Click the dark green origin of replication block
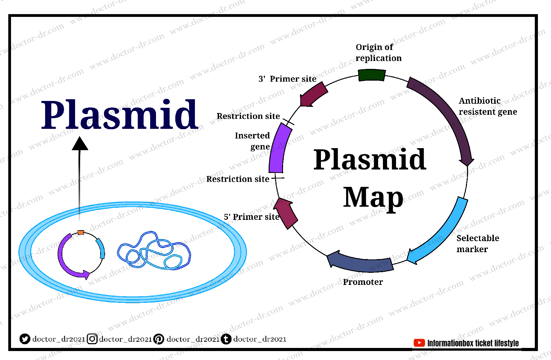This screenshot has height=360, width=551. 372,75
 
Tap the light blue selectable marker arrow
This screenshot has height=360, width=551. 444,234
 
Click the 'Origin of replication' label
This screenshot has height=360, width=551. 378,52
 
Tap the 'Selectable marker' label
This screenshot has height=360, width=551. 477,244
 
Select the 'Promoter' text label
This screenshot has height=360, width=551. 363,282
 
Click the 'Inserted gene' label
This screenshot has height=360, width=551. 253,141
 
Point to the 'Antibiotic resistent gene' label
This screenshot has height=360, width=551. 487,106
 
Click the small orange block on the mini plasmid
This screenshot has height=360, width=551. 81,233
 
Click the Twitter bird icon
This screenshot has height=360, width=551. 25,339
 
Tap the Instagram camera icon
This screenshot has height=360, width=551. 92,339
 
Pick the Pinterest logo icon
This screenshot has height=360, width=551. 159,339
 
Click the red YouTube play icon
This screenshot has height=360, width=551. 419,343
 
